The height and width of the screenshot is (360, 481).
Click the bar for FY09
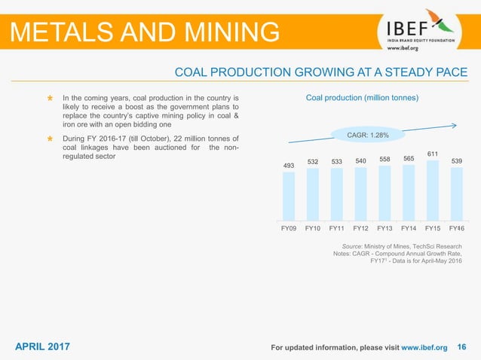[x=288, y=195]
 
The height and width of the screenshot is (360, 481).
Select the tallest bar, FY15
[x=433, y=189]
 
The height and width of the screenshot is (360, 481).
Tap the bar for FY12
[x=360, y=193]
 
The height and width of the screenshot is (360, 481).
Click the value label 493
[x=288, y=166]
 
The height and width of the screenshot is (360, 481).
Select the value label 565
[x=409, y=158]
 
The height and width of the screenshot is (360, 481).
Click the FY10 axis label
[x=313, y=227]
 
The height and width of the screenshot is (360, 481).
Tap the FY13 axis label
[x=384, y=227]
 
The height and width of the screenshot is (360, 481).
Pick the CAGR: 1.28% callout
[x=367, y=135]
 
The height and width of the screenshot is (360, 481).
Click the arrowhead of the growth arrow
[x=454, y=125]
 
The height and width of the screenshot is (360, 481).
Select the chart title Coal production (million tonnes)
[x=362, y=98]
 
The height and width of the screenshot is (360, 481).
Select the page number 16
[x=462, y=346]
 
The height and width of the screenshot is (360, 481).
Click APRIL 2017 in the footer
[x=43, y=346]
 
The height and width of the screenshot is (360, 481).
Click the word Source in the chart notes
[x=354, y=246]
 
